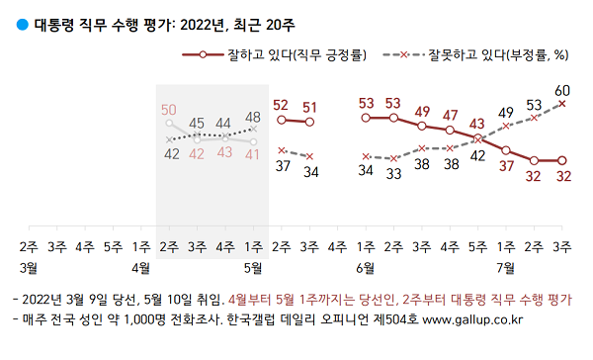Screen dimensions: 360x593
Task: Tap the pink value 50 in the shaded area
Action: tap(169, 109)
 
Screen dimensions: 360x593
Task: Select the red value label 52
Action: tap(281, 104)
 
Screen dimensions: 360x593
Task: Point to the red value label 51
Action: tap(309, 107)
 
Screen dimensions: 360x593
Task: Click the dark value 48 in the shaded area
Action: tap(253, 116)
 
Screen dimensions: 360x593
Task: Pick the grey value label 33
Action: tap(393, 173)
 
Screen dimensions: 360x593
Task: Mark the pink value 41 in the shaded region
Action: tap(253, 153)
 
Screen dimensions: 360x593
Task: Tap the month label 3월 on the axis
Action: tap(28, 267)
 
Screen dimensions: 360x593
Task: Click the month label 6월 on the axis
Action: tap(365, 267)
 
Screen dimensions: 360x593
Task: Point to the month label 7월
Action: tap(506, 267)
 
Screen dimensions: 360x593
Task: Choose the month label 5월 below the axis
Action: tap(253, 267)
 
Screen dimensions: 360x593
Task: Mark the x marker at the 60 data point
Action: tap(562, 102)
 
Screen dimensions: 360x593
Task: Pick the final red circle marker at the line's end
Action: tap(562, 160)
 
